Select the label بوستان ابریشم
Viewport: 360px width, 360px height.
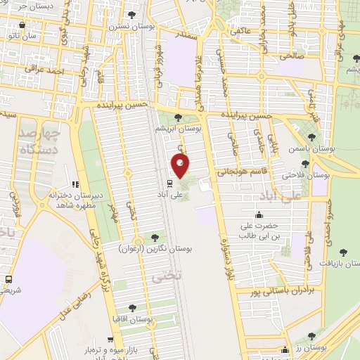click(x=180, y=129)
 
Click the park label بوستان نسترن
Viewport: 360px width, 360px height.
click(x=126, y=26)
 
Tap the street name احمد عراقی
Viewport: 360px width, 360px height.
click(x=44, y=70)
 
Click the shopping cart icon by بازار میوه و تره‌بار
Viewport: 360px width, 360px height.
click(x=110, y=339)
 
